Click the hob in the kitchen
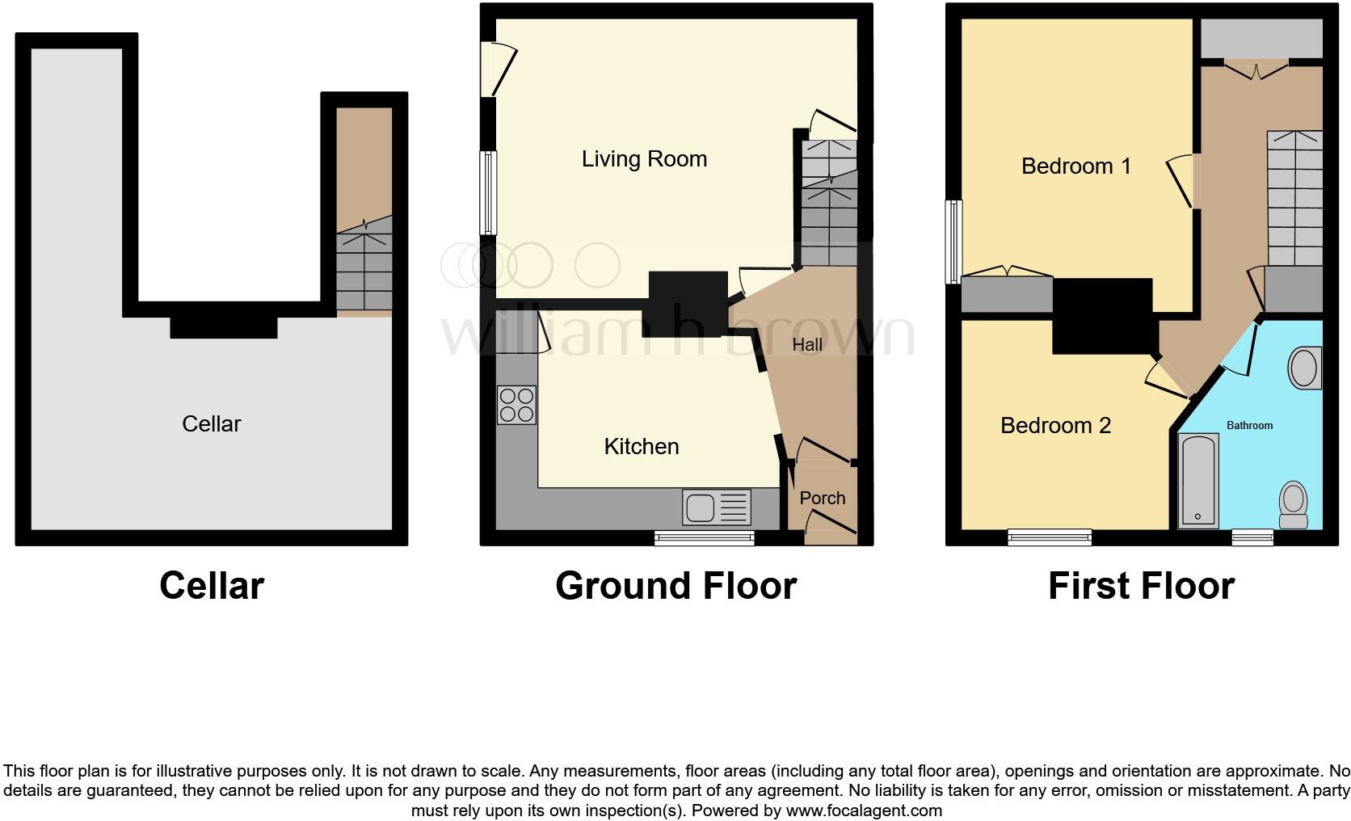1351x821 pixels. (x=516, y=405)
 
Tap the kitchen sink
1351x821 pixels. (x=717, y=507)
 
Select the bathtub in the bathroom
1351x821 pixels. (x=1197, y=481)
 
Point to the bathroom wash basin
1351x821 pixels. (x=1304, y=368)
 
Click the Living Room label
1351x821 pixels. (x=644, y=159)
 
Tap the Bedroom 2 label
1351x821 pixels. (x=1055, y=426)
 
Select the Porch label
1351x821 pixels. (x=822, y=499)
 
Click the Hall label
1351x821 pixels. (x=807, y=345)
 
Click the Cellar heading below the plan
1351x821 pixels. (x=212, y=586)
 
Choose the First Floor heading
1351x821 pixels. (x=1141, y=586)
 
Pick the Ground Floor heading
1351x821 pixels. (x=675, y=586)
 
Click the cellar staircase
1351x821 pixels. (x=364, y=272)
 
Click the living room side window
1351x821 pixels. (x=488, y=192)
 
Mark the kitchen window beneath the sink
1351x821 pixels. (x=704, y=537)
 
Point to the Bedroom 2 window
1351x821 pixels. (x=1050, y=537)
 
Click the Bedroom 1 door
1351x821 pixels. (x=1182, y=182)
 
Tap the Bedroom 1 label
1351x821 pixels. (x=1075, y=166)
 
